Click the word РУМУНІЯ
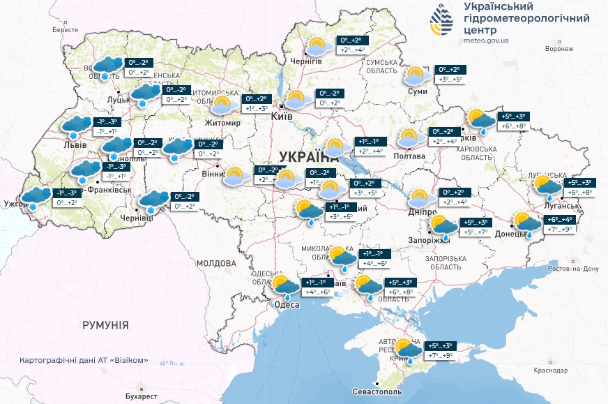[105, 325]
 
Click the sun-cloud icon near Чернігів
[319, 47]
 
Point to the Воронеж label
[558, 50]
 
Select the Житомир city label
[222, 123]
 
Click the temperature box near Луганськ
[582, 187]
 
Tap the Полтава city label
[409, 156]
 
